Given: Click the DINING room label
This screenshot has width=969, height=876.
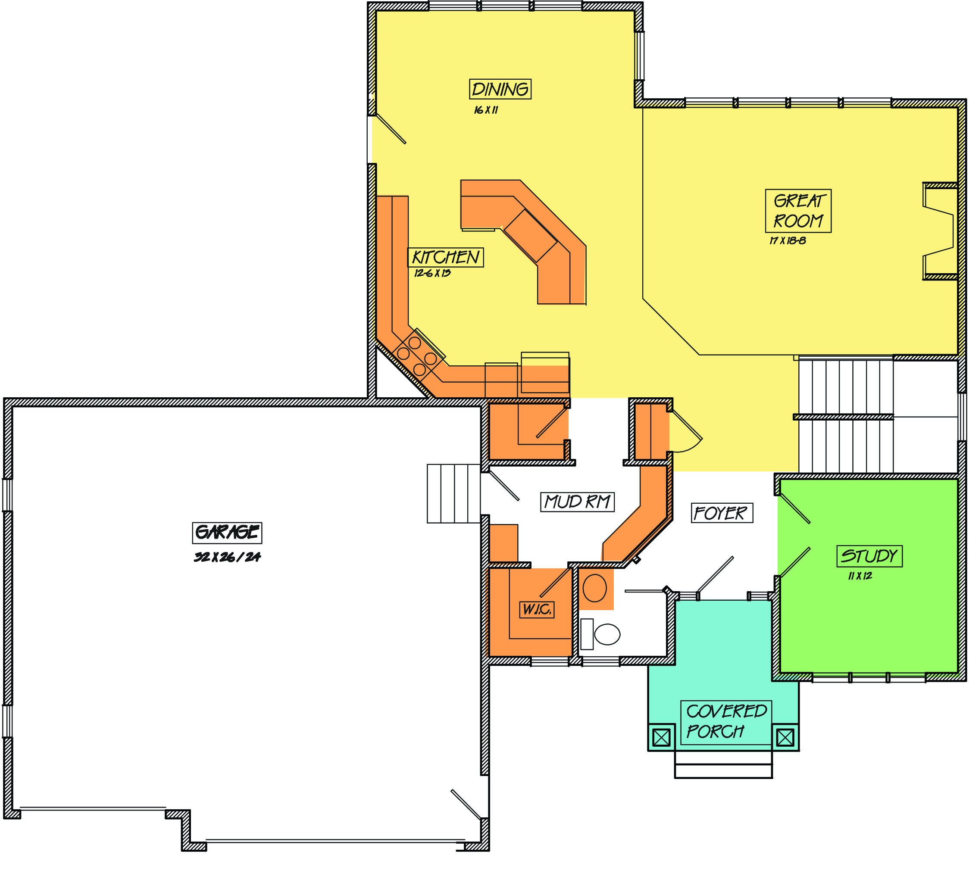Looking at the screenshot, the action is pyautogui.click(x=500, y=89).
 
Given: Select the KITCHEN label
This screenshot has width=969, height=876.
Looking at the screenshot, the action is pyautogui.click(x=446, y=257).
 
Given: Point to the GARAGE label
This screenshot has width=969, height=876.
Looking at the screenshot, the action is pyautogui.click(x=227, y=533).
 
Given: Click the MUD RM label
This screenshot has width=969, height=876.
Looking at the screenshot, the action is pyautogui.click(x=577, y=502).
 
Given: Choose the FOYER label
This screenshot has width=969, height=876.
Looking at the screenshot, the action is pyautogui.click(x=722, y=513).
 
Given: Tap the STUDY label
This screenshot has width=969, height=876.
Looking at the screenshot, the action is pyautogui.click(x=869, y=556).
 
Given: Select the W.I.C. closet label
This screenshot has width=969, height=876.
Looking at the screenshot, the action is pyautogui.click(x=537, y=609).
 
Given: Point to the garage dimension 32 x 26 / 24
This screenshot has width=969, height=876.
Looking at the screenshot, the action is pyautogui.click(x=227, y=557).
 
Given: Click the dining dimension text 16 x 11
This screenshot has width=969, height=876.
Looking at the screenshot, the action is pyautogui.click(x=486, y=110).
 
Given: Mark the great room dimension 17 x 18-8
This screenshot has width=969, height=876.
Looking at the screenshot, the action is pyautogui.click(x=787, y=240).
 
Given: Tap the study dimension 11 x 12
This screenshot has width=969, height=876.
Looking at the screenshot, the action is pyautogui.click(x=860, y=576).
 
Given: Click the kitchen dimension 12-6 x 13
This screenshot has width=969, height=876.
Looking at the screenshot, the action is pyautogui.click(x=433, y=273).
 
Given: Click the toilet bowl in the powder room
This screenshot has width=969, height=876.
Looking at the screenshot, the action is pyautogui.click(x=607, y=634).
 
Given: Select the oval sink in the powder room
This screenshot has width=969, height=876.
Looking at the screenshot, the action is pyautogui.click(x=594, y=588).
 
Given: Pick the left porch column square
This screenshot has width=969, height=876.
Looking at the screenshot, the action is pyautogui.click(x=661, y=737).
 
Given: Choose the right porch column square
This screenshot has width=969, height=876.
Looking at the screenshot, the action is pyautogui.click(x=785, y=737).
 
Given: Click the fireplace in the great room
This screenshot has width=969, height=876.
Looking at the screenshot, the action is pyautogui.click(x=940, y=231).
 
